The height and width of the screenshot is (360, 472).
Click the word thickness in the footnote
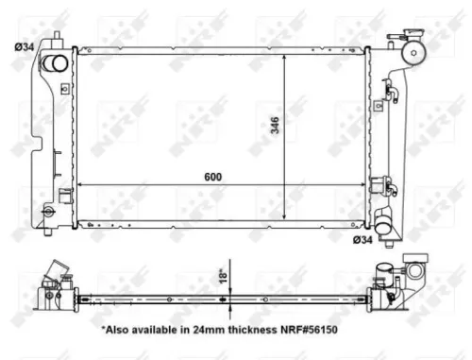click(239, 331)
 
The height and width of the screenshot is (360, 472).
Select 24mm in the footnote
click(196, 331)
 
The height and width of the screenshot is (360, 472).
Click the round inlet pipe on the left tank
click(57, 64)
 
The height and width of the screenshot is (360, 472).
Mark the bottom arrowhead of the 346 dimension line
click(285, 220)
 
